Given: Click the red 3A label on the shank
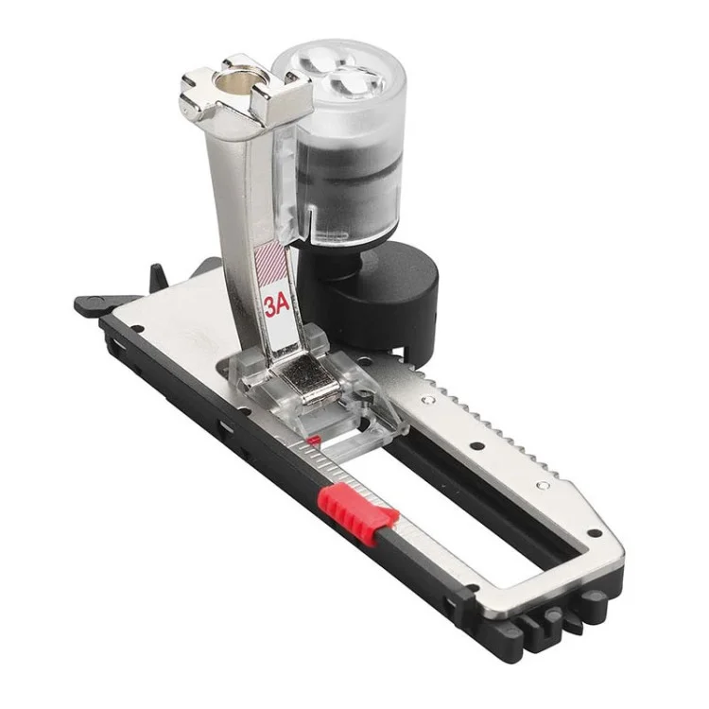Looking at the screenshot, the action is point(277,307).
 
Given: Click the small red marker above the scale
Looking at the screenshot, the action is point(313,440).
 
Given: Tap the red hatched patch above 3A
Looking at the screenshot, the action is point(271,267).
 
